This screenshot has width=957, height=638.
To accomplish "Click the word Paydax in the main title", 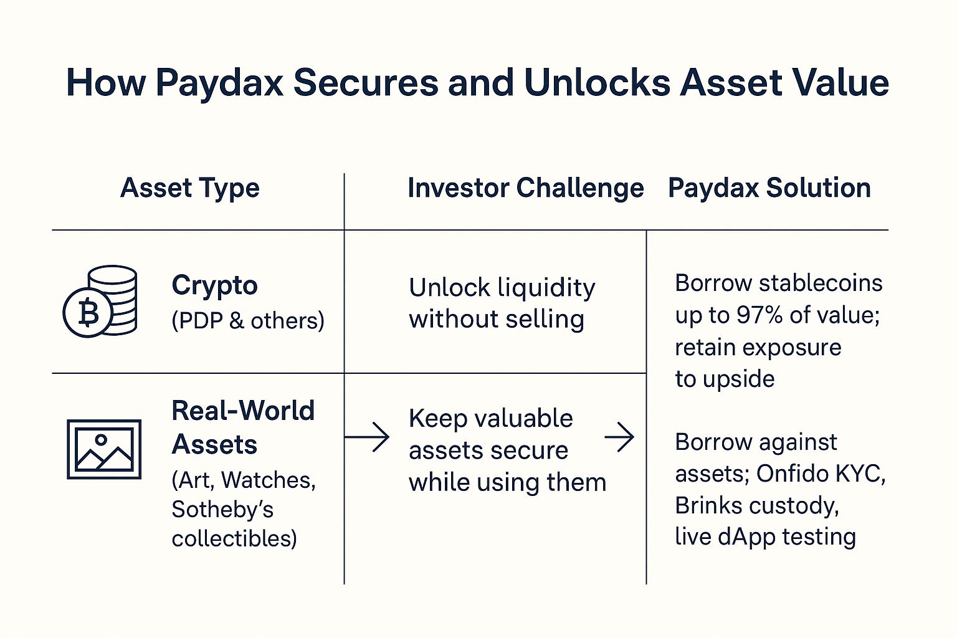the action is coord(219,83).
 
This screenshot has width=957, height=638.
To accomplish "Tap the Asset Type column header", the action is coord(190,188).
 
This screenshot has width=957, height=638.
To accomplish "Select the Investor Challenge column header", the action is coord(525,188).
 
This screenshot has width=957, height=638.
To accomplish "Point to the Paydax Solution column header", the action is coord(769,188).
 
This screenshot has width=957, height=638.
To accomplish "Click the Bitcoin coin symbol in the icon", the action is coord(88,313).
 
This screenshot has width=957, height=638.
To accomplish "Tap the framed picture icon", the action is coord(104,449).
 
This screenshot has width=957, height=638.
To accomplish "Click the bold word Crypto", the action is coord(214,285).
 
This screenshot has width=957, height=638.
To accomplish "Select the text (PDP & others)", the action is coord(248,321).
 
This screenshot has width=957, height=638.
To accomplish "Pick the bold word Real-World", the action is coord(243,411).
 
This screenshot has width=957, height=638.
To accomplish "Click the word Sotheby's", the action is coord(222,509).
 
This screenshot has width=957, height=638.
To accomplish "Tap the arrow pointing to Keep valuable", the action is coord(367,437).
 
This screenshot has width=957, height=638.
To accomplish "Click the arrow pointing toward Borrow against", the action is coord(619,437).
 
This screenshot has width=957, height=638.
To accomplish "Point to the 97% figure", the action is coord(759,315).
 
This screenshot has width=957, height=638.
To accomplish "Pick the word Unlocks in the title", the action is coord(598,83).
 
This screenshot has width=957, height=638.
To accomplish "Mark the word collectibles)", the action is coord(234,538).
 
